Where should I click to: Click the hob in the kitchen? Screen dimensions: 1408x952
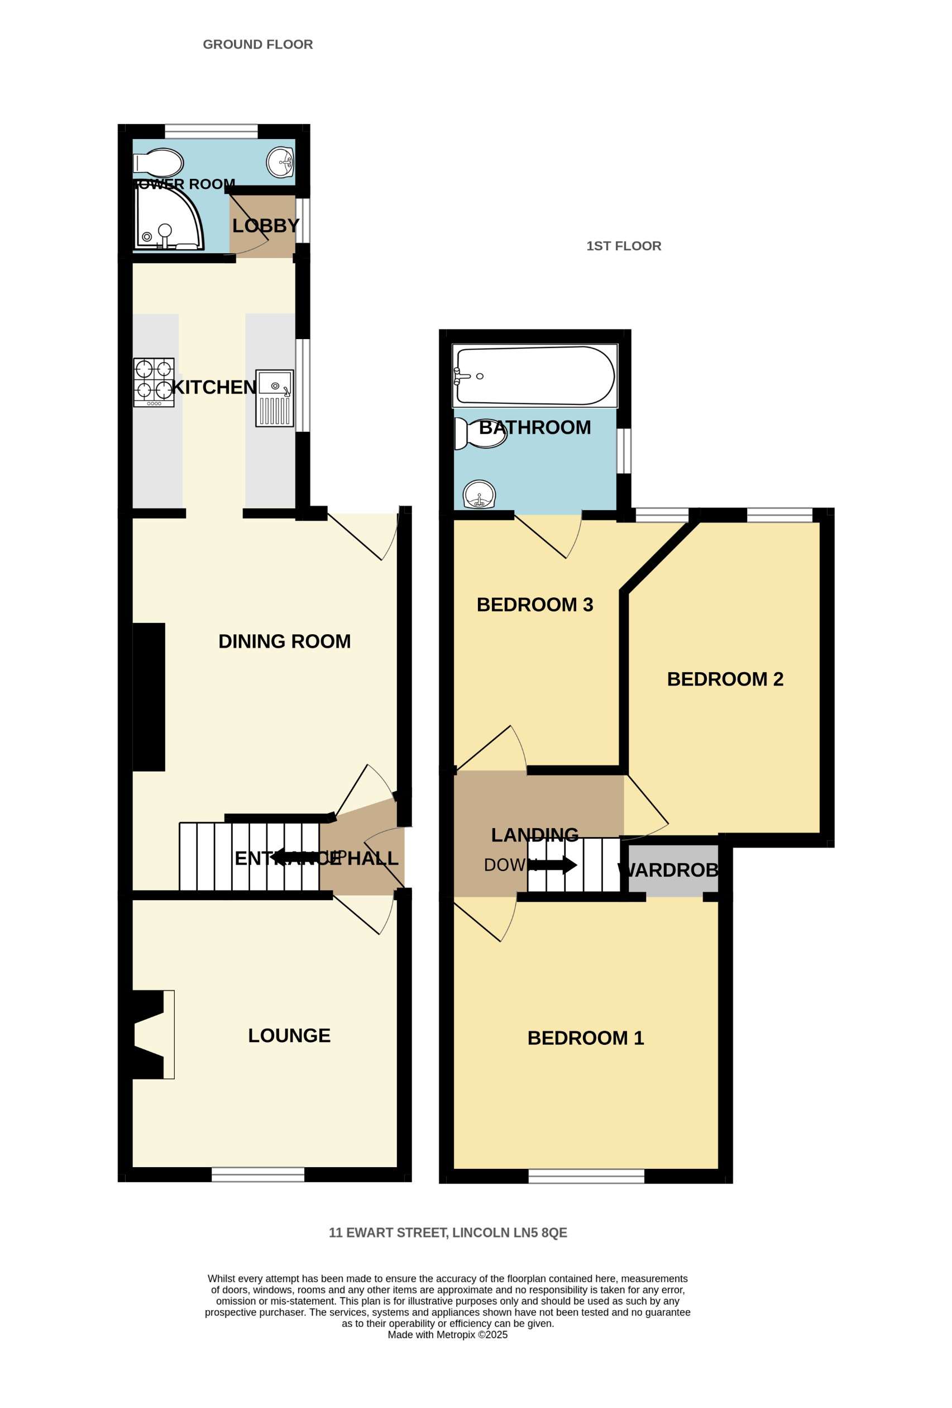pos(154,382)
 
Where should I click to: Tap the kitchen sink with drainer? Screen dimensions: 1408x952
pos(274,398)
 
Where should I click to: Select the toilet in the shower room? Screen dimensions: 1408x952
pos(159,163)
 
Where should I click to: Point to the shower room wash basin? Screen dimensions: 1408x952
pos(280,162)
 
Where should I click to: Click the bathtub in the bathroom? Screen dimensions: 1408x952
pos(535,375)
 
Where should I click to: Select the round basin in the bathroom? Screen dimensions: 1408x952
pos(479,494)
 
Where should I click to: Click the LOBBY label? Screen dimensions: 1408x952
pos(265,226)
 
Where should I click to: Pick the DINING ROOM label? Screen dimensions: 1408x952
pos(284,641)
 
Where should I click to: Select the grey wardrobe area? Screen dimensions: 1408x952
pos(673,871)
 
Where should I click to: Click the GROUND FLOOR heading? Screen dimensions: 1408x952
pos(257,44)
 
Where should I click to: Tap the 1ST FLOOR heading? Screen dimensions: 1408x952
pos(623,246)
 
